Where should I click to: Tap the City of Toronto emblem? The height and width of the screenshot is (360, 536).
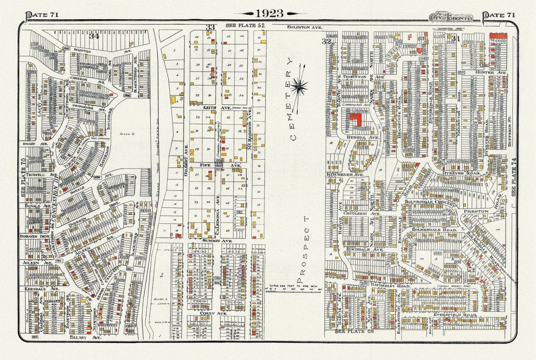point(450,17)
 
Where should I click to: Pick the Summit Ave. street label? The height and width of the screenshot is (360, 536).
point(217,241)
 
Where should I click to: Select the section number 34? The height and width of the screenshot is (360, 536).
point(94,36)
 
